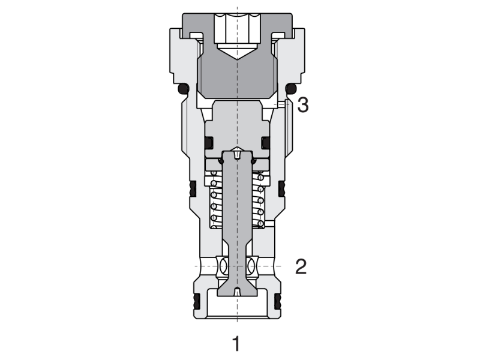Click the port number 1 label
tap(236, 344)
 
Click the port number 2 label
tap(301, 266)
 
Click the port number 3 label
tap(303, 106)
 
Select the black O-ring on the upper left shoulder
tap(184, 89)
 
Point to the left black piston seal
tap(208, 143)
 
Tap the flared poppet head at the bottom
tap(237, 290)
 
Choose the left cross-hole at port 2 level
tap(223, 265)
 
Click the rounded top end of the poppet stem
tap(237, 154)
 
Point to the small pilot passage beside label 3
tap(280, 104)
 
